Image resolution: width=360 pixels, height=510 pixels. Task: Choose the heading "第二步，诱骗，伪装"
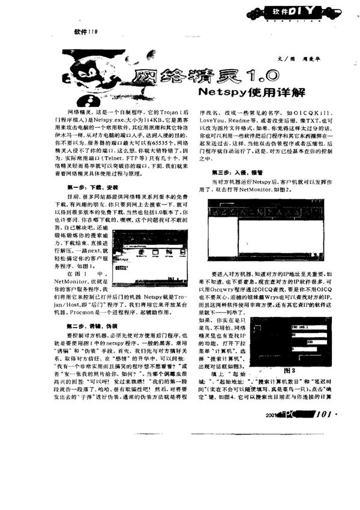pos(88,325)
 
